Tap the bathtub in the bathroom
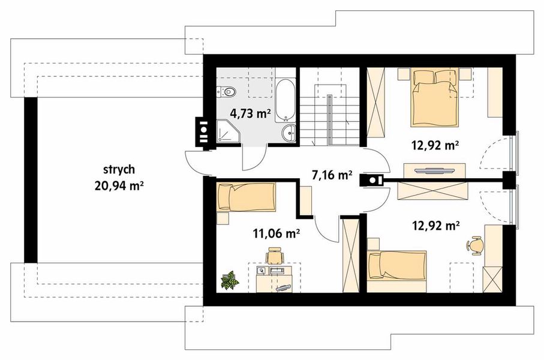coord(285,100)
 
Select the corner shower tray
coord(227,131)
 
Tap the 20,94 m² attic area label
coord(119,187)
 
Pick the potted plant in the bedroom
coord(230,281)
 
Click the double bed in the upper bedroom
coord(435,98)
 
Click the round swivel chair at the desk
coord(474,245)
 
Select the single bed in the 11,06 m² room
coord(247,197)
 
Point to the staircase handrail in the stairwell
coord(330,120)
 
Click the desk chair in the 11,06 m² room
coord(275,256)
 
